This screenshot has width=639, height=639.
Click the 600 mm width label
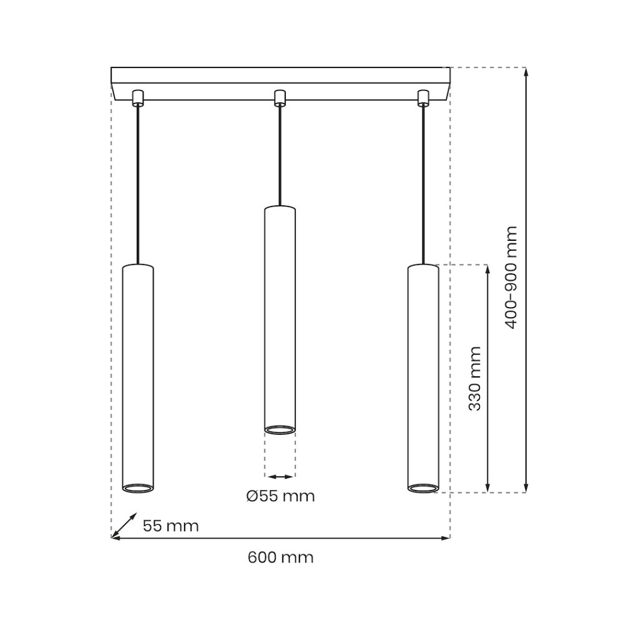[280, 557]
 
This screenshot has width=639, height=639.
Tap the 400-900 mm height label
[510, 277]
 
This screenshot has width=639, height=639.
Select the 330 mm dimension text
[474, 378]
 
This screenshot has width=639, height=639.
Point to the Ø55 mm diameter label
[280, 496]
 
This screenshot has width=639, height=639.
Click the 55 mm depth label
[171, 525]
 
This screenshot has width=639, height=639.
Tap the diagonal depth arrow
[124, 525]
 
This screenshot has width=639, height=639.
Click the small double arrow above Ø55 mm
[280, 476]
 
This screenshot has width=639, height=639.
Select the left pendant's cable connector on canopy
[138, 98]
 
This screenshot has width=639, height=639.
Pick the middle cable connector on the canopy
[280, 98]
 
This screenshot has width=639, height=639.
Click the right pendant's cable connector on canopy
[424, 98]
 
